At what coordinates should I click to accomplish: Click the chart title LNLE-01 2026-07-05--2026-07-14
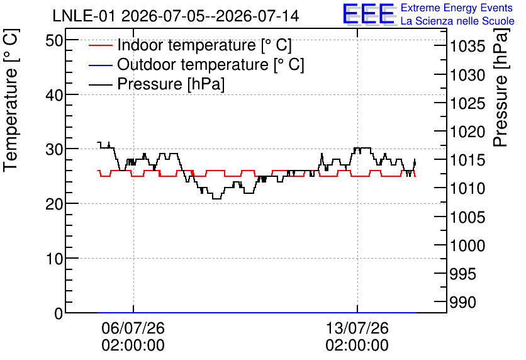coord(176,16)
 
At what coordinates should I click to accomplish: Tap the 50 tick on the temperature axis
coord(54,41)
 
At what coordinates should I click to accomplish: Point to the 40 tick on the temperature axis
coord(54,95)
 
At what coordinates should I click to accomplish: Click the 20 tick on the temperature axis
coord(54,204)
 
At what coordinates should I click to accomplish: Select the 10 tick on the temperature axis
coord(54,259)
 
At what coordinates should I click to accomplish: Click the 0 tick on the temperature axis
coord(59,313)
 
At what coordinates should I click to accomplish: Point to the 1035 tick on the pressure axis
coord(467,47)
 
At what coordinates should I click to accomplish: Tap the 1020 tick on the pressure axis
coord(467,132)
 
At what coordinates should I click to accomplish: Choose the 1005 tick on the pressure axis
coord(467,217)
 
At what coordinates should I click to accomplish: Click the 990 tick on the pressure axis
coord(463,303)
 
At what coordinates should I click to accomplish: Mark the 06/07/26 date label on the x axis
coord(133,328)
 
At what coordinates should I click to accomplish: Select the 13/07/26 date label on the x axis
coord(357,328)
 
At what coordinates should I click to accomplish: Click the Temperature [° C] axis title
coord(11,100)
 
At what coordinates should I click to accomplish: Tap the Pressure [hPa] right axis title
coord(500,87)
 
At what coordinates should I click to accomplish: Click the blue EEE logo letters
coord(368,14)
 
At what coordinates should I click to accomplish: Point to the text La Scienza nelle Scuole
coord(457,21)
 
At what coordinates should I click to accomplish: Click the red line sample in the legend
coord(100,45)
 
